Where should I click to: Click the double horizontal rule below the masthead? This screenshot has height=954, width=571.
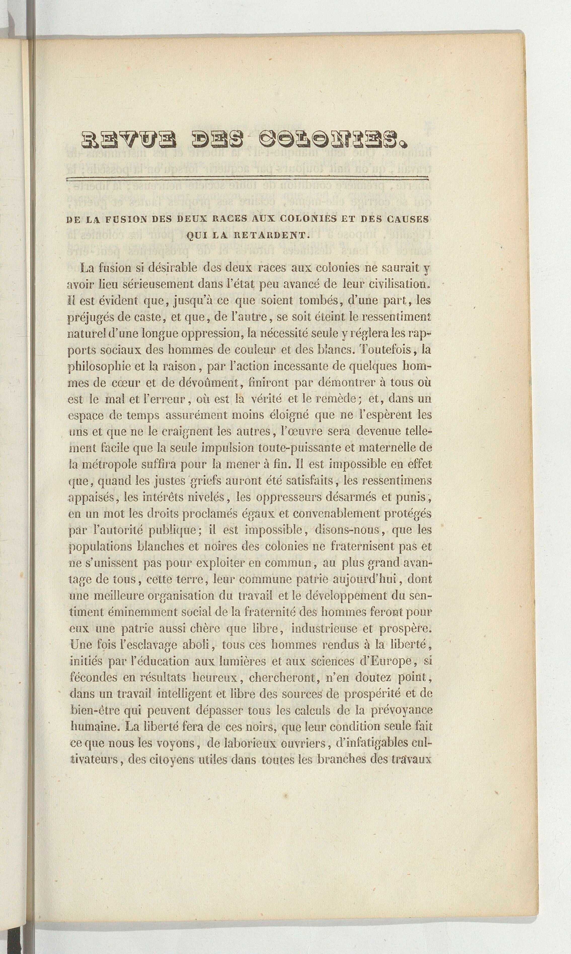(247, 178)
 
